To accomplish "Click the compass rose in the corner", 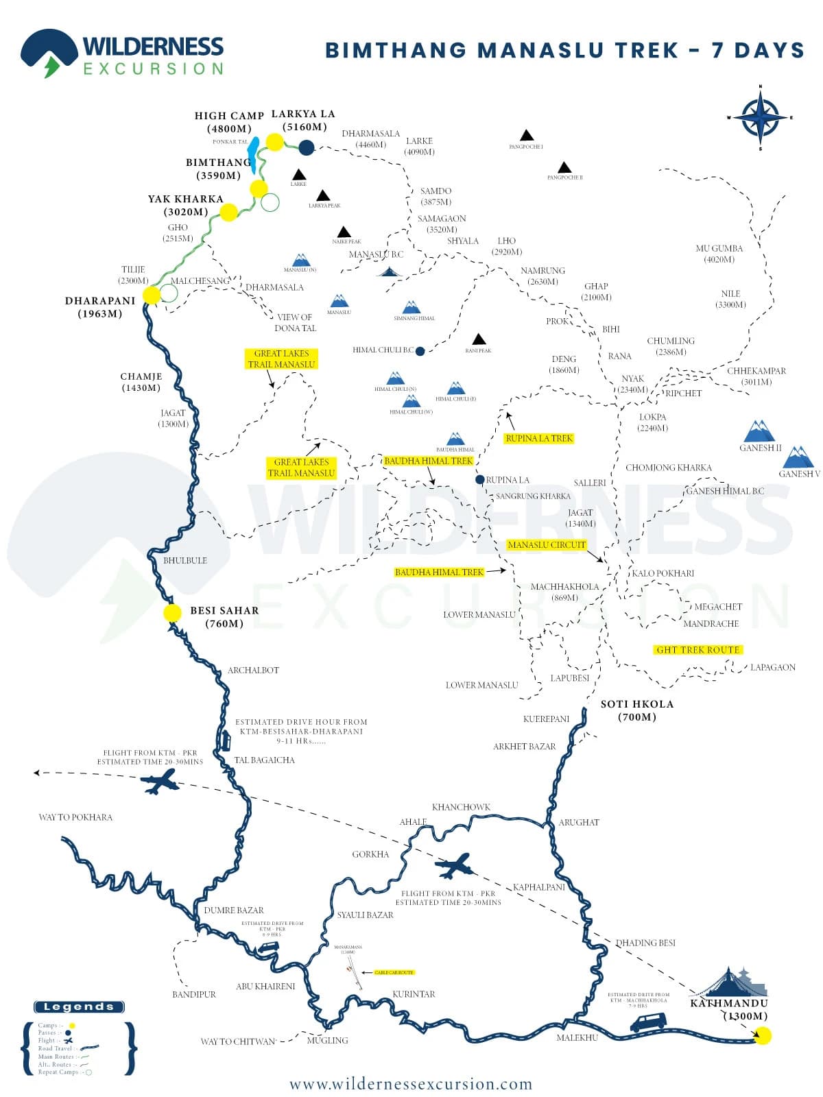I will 760,117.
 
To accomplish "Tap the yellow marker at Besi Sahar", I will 173,613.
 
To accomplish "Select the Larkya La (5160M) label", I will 303,120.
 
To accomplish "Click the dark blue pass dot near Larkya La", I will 306,147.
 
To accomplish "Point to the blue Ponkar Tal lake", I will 253,154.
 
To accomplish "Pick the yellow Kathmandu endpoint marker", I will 762,1035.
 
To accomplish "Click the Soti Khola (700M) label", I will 637,710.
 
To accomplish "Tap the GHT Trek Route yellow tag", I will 697,649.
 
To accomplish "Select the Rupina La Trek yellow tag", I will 538,438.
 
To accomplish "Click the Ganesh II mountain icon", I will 759,432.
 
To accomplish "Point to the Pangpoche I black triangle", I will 526,135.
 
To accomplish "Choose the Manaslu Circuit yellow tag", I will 547,545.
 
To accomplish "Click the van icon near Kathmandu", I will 648,1022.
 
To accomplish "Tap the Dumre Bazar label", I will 234,910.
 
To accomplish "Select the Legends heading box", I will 79,1006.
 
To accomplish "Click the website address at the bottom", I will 411,1084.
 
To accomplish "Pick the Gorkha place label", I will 370,854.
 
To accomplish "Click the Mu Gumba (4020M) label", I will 719,254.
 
